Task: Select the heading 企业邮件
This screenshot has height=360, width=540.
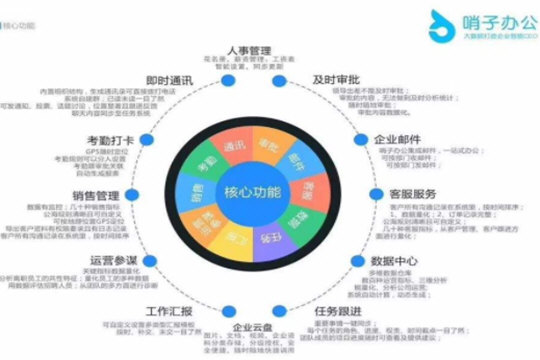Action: (x=398, y=139)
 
